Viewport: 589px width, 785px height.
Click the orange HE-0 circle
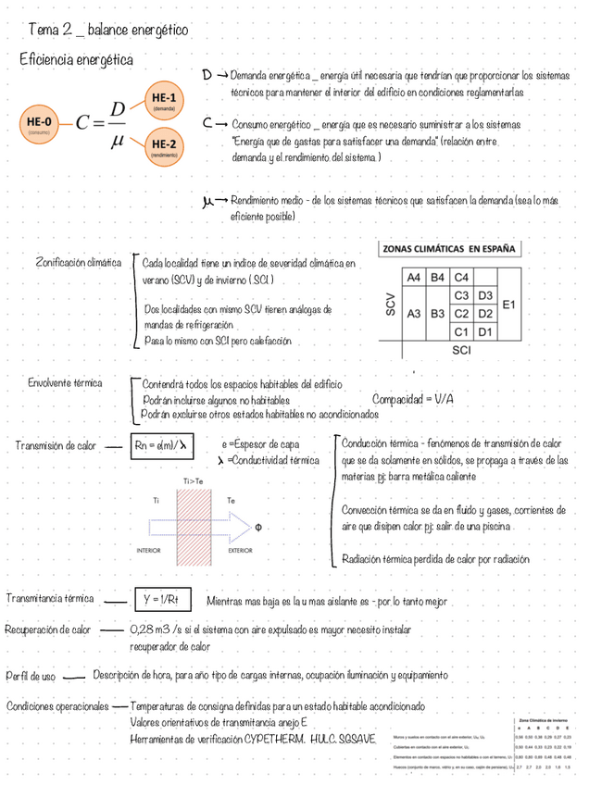[39, 124]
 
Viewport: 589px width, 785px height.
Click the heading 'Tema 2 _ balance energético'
[107, 31]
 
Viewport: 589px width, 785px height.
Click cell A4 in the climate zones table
[413, 278]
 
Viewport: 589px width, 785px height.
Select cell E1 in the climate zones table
[509, 304]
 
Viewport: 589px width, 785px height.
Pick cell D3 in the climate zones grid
[485, 295]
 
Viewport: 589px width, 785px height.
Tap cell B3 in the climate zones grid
[437, 313]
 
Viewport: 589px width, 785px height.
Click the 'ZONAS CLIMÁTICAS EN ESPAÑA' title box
[450, 249]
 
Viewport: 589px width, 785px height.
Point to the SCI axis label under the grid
[461, 351]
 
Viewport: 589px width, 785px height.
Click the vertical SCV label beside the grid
[391, 305]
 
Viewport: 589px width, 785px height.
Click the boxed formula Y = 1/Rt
[161, 601]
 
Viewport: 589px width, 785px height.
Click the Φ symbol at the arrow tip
[258, 528]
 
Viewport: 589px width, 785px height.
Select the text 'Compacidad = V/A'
[413, 399]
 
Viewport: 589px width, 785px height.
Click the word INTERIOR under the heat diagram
[148, 550]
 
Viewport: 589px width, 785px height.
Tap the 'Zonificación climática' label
[79, 263]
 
